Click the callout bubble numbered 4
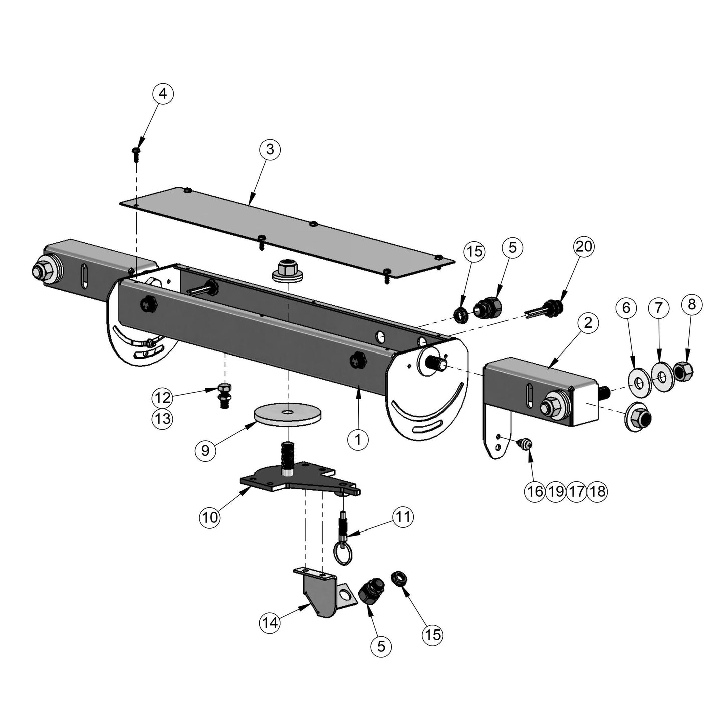(x=163, y=94)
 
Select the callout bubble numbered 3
(x=270, y=149)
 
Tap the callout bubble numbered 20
(x=584, y=247)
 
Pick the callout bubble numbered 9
(x=205, y=450)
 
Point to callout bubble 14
(x=270, y=622)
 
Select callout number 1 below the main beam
(x=358, y=439)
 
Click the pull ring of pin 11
(x=343, y=555)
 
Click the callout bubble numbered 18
(x=597, y=491)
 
